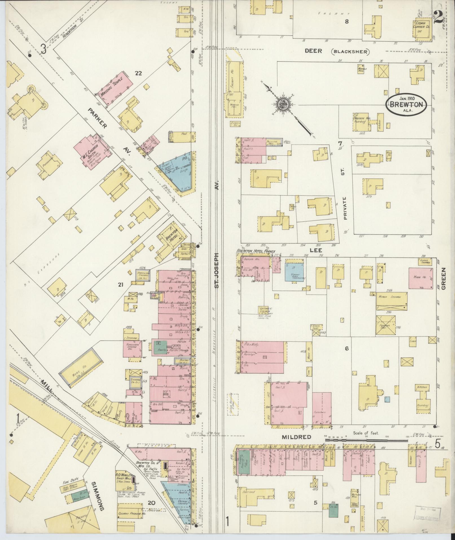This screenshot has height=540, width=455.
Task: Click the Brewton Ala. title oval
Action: click(x=406, y=104)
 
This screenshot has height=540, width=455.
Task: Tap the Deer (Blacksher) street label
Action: click(x=337, y=51)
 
